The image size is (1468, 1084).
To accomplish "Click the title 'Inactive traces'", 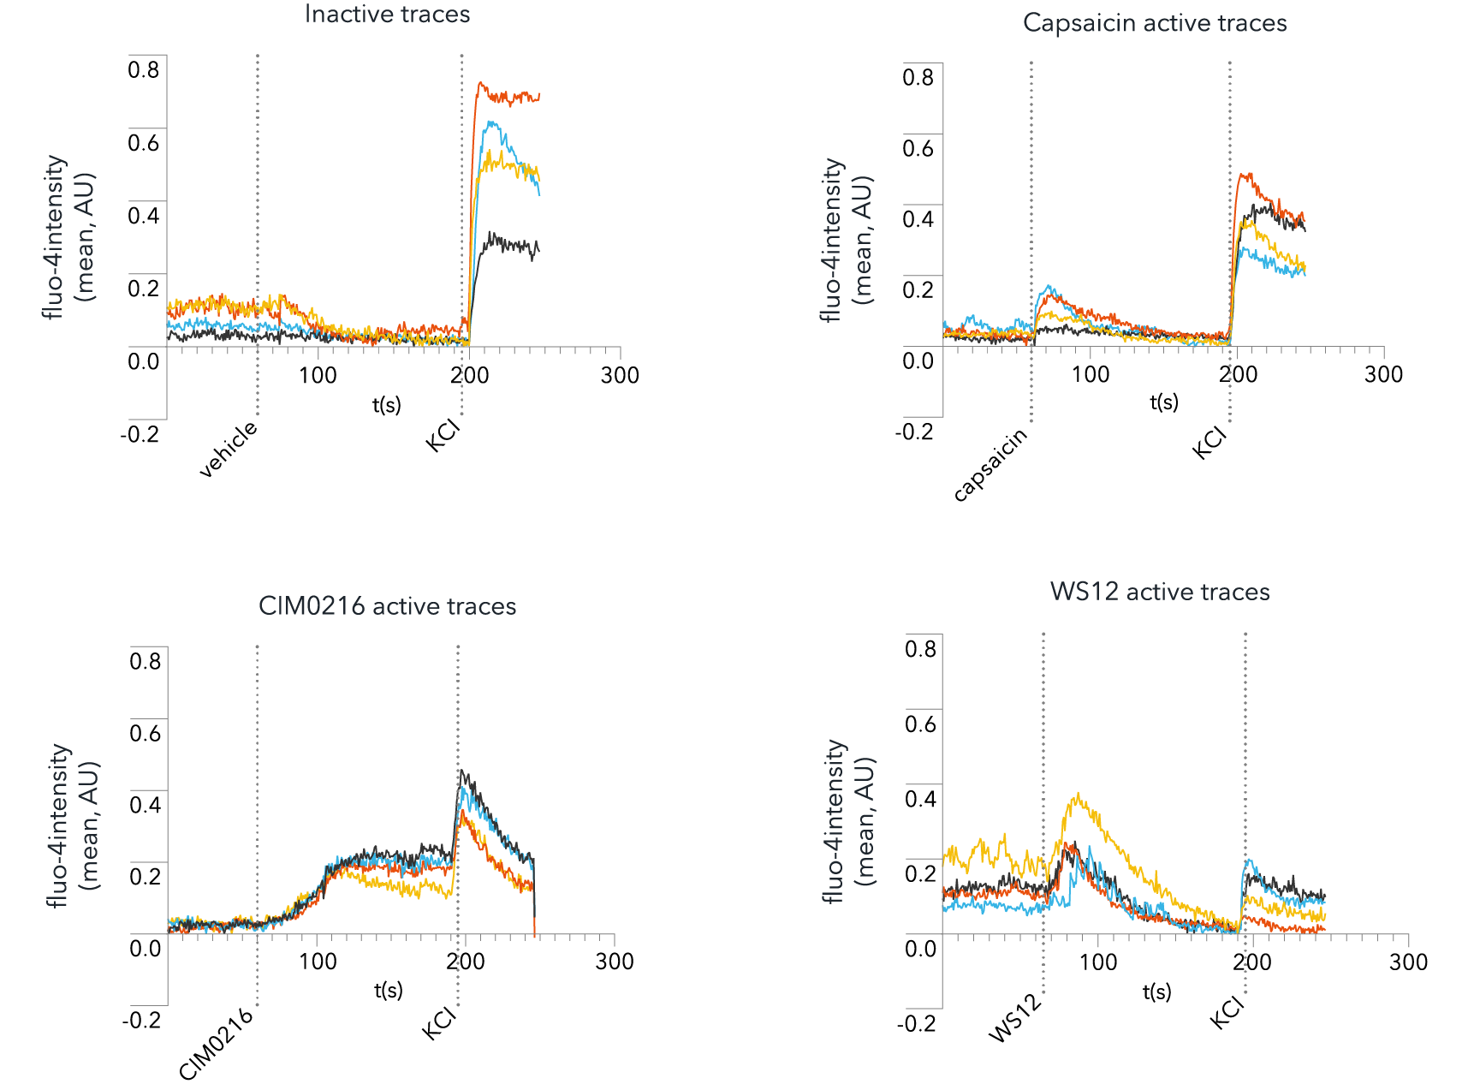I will (x=387, y=15).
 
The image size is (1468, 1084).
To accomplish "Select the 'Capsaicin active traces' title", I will (x=1155, y=23).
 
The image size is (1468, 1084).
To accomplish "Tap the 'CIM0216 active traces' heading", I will (x=387, y=606).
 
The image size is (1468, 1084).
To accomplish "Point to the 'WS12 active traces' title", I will (x=1160, y=592).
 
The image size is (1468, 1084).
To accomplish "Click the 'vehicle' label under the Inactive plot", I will (x=229, y=449).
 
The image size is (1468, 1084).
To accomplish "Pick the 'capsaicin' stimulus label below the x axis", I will (x=990, y=464).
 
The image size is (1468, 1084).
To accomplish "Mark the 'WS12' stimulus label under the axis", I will (x=1016, y=1019).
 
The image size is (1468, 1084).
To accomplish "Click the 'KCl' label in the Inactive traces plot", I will (x=443, y=434).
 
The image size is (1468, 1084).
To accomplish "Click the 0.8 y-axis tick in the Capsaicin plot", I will (x=918, y=77).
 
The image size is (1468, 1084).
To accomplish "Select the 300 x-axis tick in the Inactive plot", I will (x=620, y=375).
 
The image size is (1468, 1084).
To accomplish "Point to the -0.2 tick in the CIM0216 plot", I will (x=141, y=1020).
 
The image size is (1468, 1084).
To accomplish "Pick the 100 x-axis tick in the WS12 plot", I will (x=1097, y=962).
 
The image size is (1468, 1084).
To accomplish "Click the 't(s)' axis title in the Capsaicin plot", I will (x=1164, y=402).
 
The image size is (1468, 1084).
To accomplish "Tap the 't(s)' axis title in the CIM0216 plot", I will (x=388, y=991).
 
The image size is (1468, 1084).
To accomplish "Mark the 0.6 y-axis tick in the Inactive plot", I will (x=144, y=143).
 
